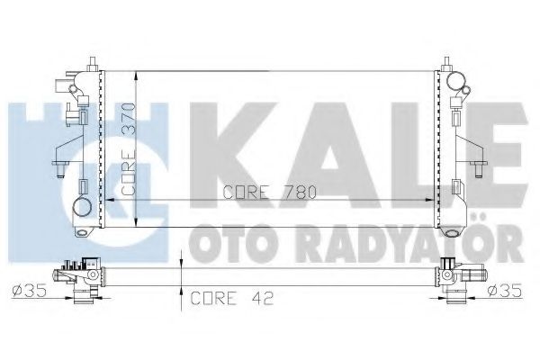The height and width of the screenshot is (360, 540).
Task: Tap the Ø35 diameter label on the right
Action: click(x=506, y=291)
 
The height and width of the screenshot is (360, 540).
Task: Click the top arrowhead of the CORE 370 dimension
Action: click(x=135, y=72)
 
